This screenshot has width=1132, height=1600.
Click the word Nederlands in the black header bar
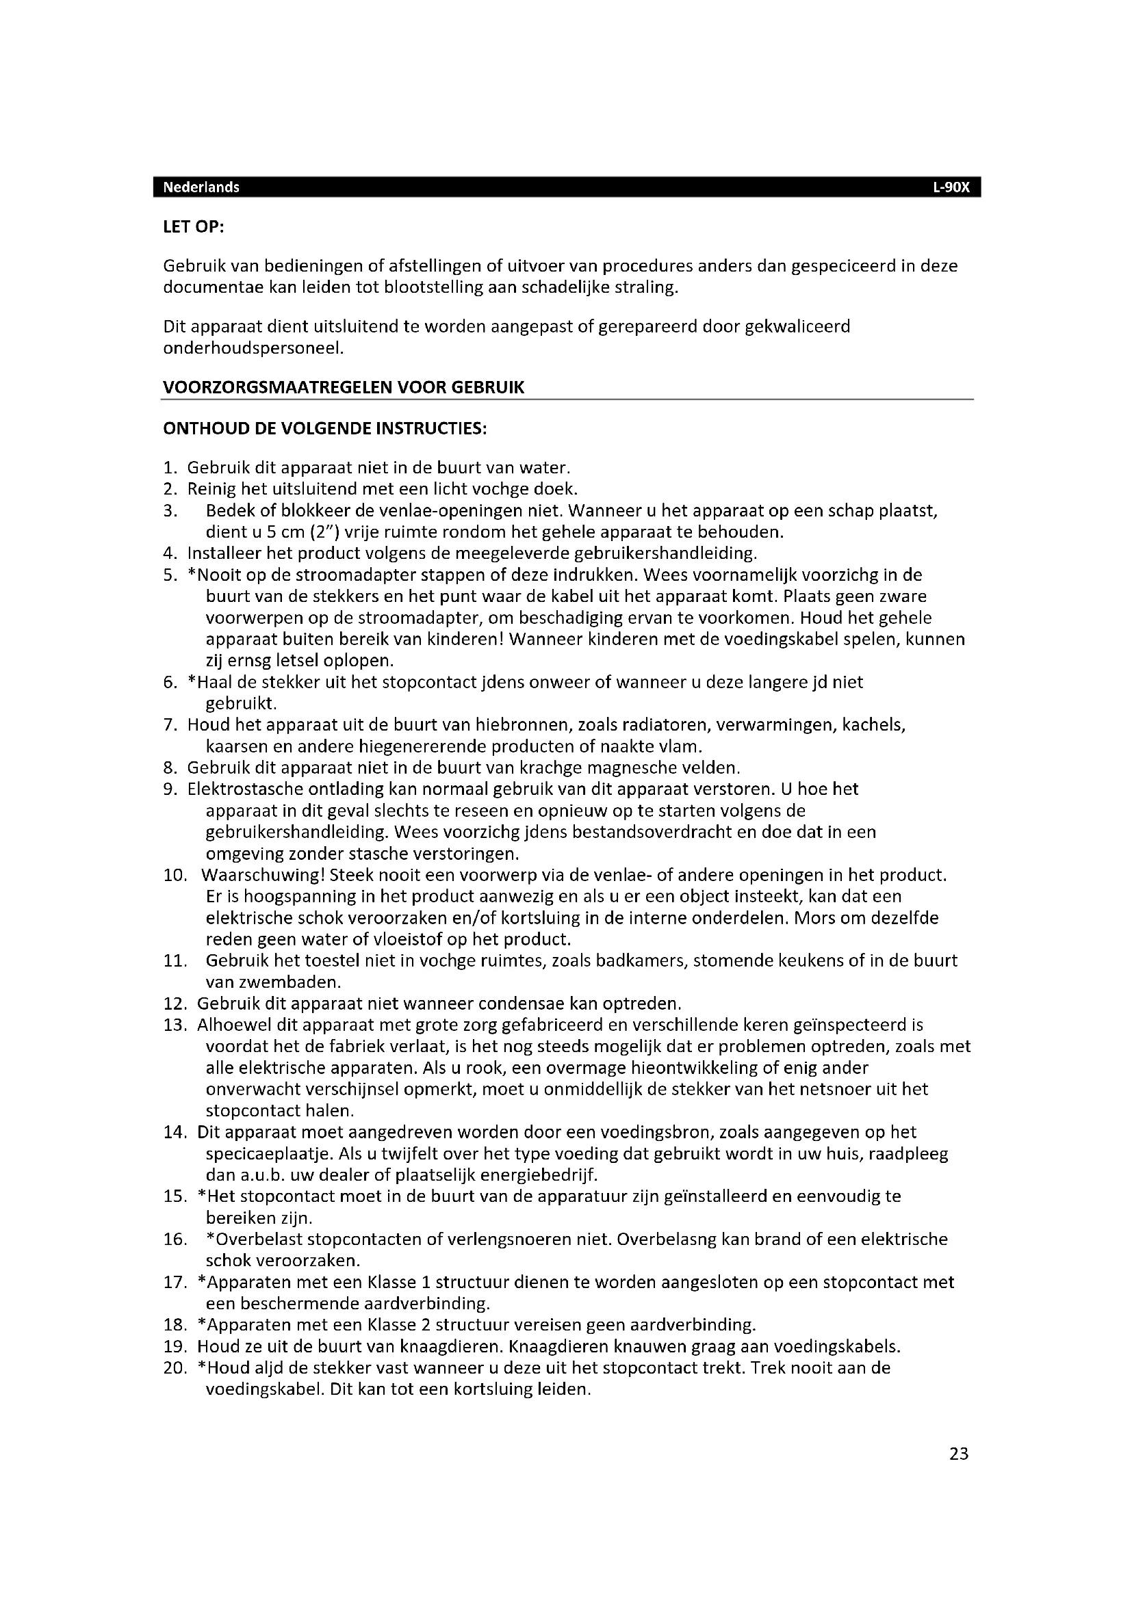[x=201, y=187]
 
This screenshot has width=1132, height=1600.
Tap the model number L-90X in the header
[x=951, y=187]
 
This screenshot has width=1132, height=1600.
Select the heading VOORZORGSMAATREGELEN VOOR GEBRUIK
[x=344, y=387]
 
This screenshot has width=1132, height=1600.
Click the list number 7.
[x=171, y=725]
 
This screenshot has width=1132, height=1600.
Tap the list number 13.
[x=175, y=1025]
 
